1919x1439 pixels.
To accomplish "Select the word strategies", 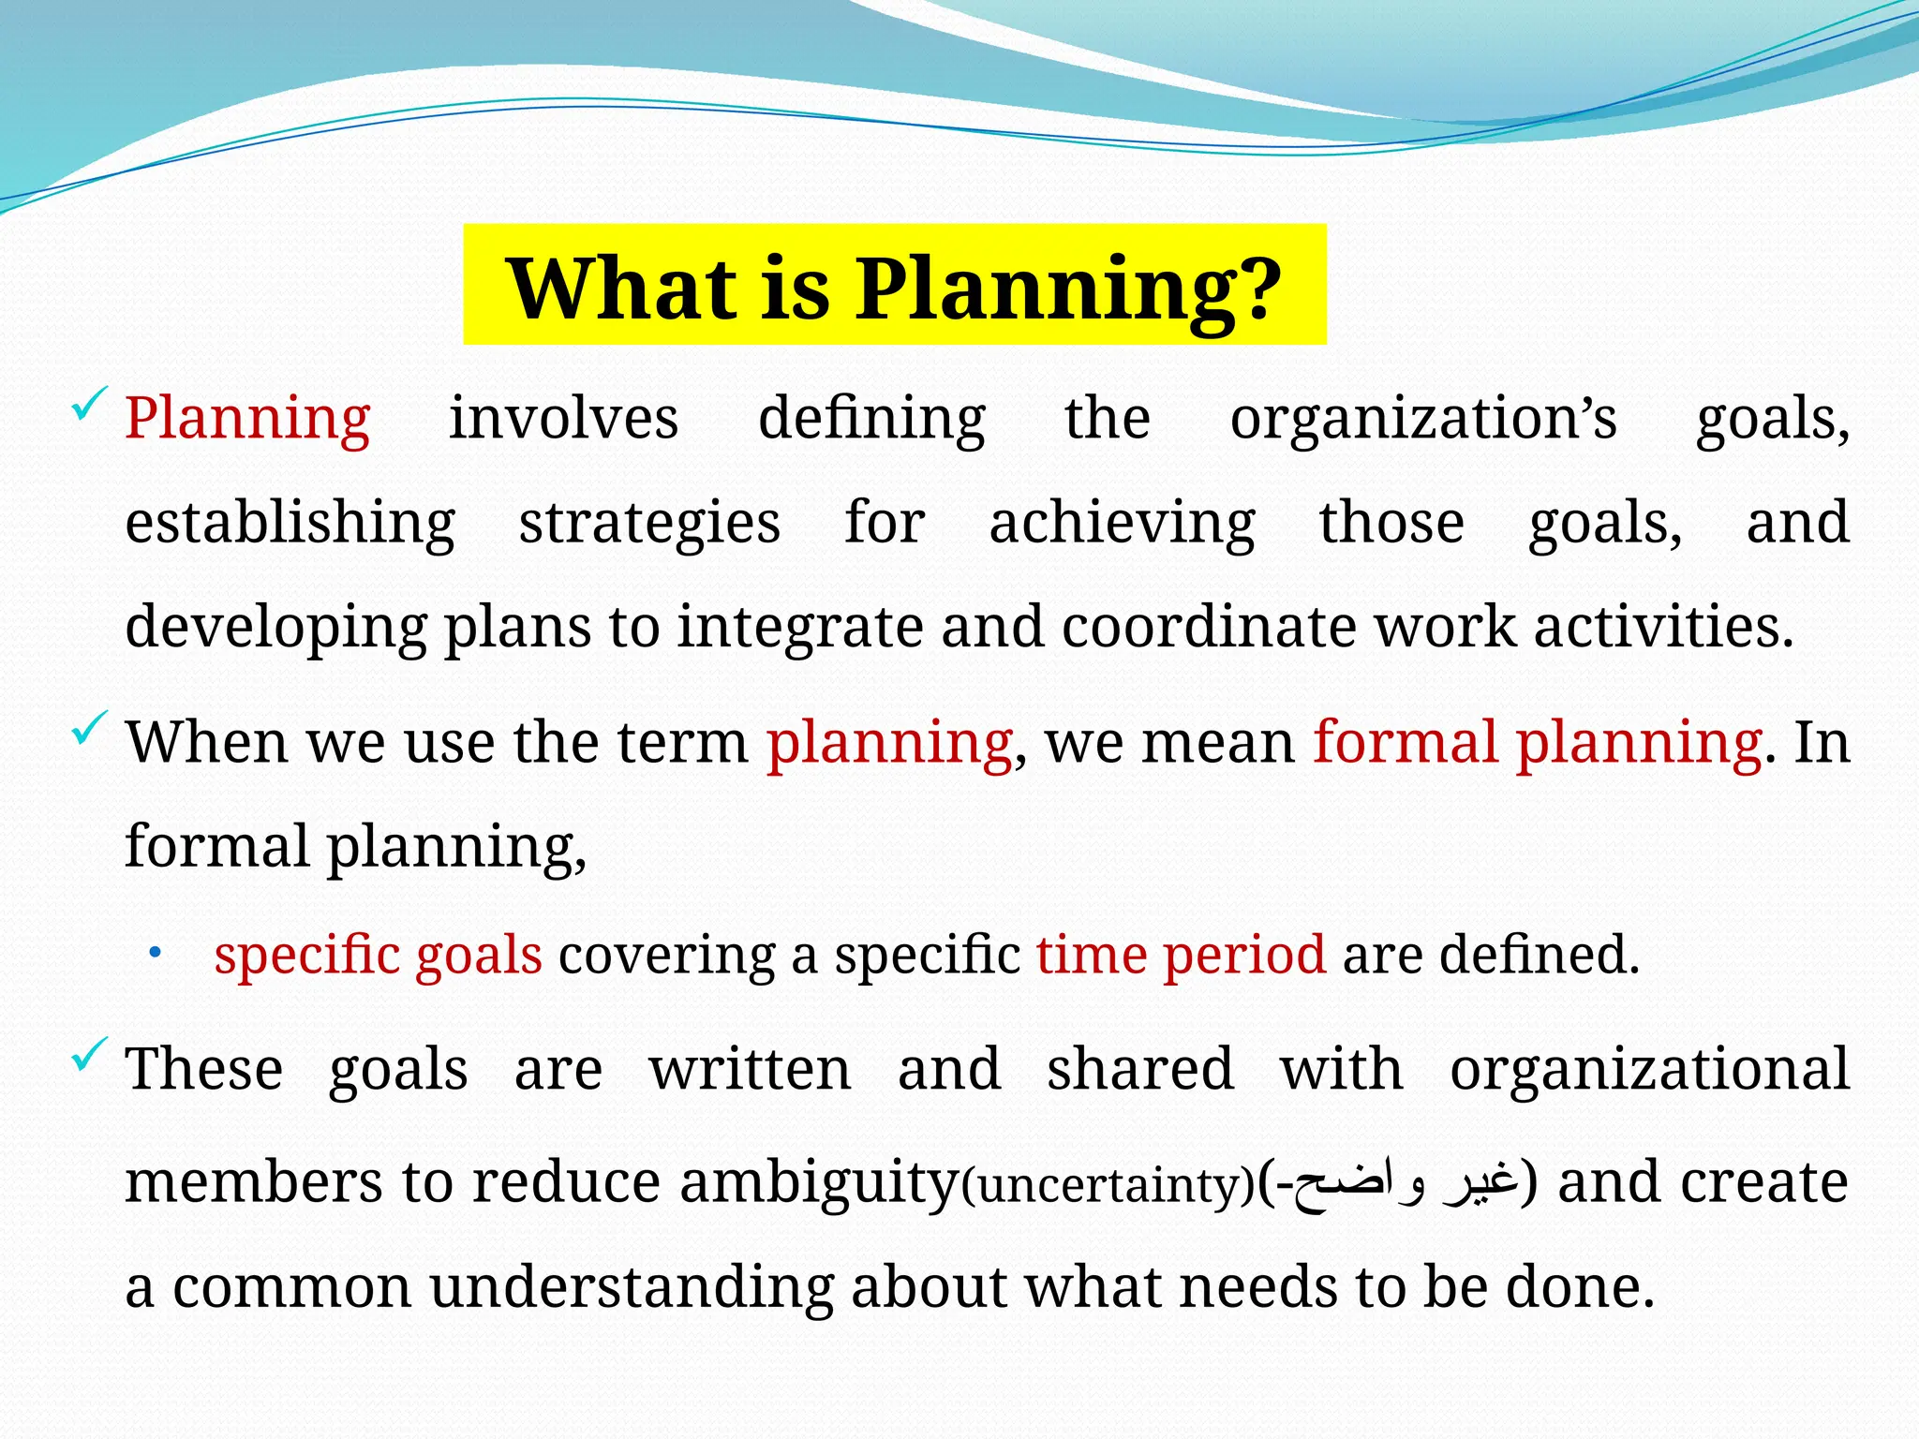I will [x=649, y=522].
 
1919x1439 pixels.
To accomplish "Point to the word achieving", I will [x=1122, y=522].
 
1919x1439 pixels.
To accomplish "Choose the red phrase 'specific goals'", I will [x=378, y=955].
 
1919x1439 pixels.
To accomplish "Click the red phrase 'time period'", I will [x=1181, y=955].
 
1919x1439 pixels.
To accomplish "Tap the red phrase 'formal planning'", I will [x=1537, y=742].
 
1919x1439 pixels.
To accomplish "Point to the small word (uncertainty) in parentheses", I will [x=1108, y=1186].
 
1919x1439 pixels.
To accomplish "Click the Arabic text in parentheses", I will [x=1401, y=1183].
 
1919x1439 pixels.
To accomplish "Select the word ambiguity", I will [x=817, y=1182].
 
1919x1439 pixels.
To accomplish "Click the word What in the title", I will [x=621, y=288].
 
